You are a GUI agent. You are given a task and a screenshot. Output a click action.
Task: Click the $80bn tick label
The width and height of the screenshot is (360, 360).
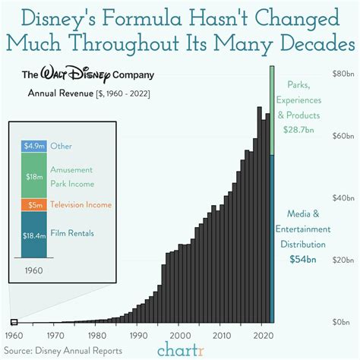point(343,74)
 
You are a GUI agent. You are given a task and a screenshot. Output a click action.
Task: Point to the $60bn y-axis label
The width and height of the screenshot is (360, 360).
point(343,136)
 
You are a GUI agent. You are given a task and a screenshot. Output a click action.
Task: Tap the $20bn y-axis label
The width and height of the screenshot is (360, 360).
point(343,260)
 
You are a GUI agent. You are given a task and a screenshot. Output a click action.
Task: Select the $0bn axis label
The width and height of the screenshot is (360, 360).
point(344,322)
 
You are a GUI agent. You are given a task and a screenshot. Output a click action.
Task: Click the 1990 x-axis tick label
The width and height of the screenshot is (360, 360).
point(137,335)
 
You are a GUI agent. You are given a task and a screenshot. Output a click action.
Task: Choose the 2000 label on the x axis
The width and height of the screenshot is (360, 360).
point(179,335)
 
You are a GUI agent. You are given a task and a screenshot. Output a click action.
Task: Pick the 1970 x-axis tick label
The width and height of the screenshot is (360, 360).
point(55,335)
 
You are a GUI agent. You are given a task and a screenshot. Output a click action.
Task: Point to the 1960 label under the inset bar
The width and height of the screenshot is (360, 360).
point(33,270)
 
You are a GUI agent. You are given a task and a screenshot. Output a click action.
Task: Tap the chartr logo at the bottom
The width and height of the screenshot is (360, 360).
point(180,349)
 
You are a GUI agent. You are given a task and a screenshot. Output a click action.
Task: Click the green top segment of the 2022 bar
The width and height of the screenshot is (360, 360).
point(272,110)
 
